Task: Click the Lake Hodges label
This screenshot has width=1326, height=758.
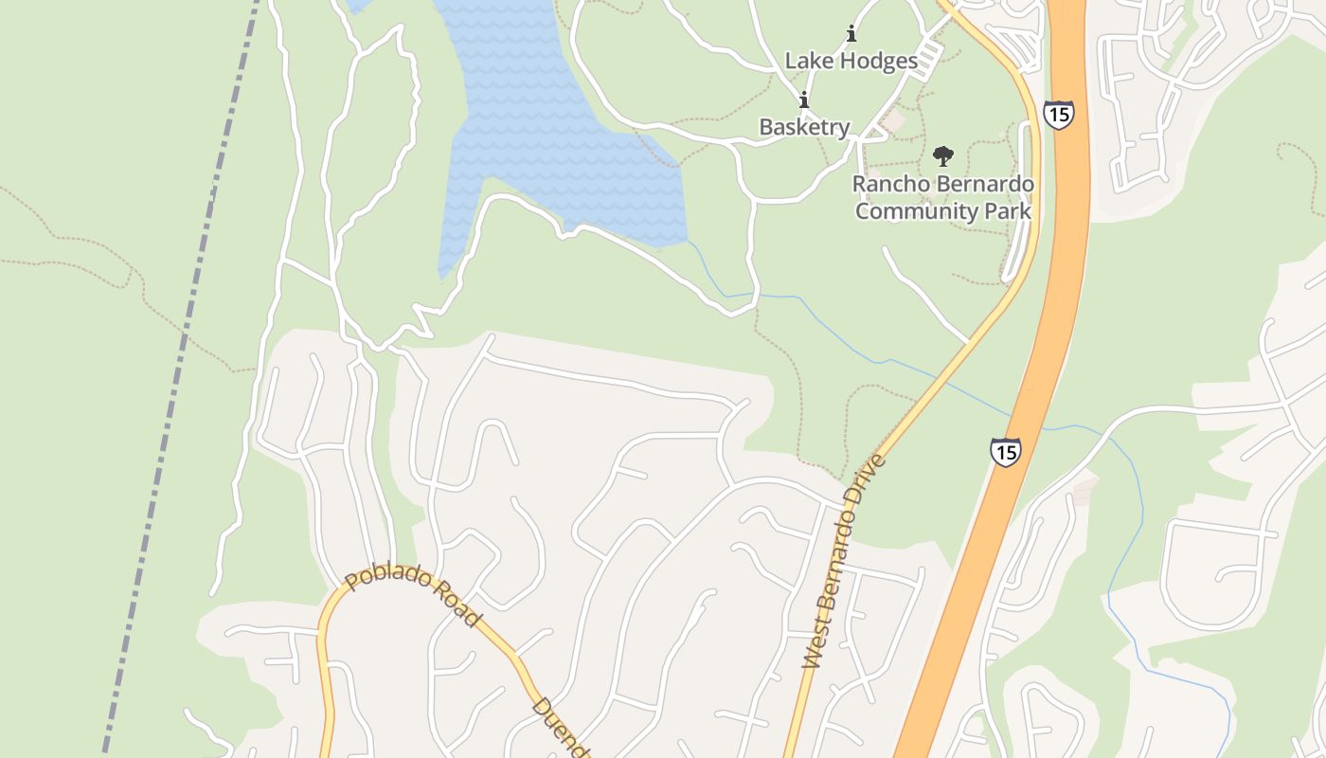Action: coord(851,62)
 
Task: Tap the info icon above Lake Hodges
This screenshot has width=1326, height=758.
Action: coord(851,35)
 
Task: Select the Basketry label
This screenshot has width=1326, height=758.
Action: coord(804,127)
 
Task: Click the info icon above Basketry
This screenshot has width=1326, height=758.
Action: coord(804,100)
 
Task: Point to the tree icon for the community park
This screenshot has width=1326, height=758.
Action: coord(942,156)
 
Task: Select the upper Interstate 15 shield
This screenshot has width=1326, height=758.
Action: coord(1058,115)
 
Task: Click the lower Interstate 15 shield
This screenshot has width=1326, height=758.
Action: coord(1005,452)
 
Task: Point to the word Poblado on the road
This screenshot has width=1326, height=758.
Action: coord(386,578)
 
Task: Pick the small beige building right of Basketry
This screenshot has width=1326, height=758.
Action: coord(890,121)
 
